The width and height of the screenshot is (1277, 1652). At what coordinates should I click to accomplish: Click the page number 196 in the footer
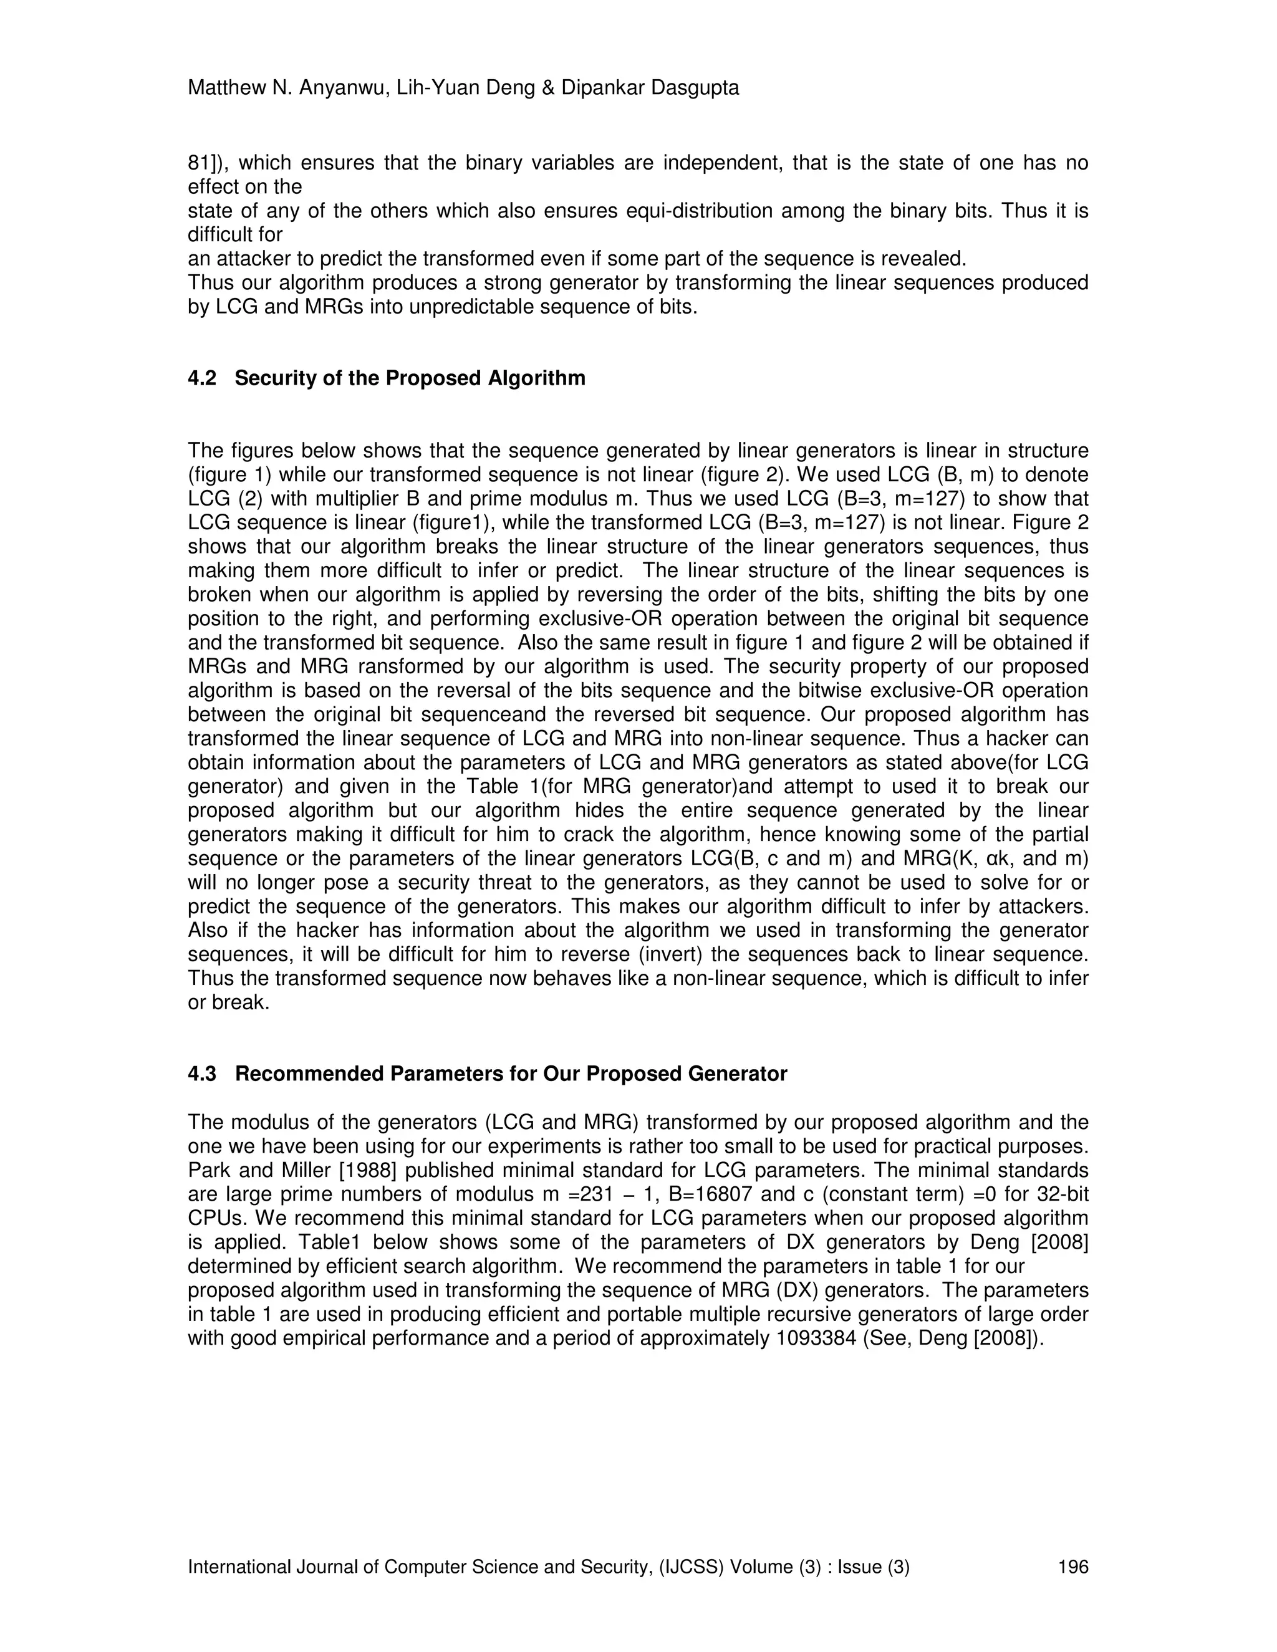(1072, 1567)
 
